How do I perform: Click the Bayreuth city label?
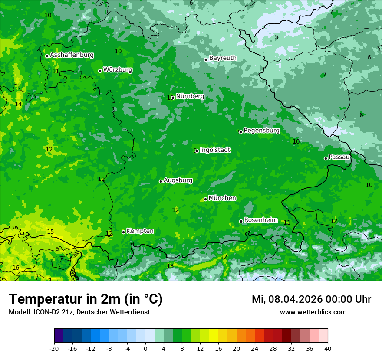point(223,58)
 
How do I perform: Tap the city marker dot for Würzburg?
point(100,71)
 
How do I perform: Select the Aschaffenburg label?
point(72,55)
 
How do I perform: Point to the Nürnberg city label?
point(190,96)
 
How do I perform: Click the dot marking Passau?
point(326,158)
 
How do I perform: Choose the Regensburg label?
point(261,130)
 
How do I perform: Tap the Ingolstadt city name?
point(215,150)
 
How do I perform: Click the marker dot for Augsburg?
point(161,181)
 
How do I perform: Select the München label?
point(222,198)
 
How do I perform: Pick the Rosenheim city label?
point(260,220)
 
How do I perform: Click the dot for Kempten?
point(123,232)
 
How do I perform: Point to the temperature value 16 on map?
point(16,268)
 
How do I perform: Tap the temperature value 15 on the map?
point(50,232)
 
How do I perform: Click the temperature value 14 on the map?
point(18,104)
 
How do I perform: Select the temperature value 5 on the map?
point(277,37)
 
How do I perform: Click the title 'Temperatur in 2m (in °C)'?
point(86,299)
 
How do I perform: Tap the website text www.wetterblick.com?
point(313,312)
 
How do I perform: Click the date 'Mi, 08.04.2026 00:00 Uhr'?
point(311,299)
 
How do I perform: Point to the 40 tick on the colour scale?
point(327,348)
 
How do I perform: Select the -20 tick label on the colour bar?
point(54,348)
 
